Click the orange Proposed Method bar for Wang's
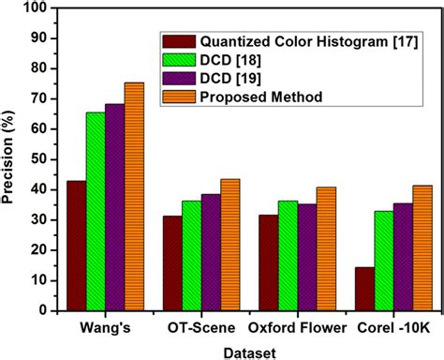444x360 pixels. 134,197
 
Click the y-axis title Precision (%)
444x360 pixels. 9,159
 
